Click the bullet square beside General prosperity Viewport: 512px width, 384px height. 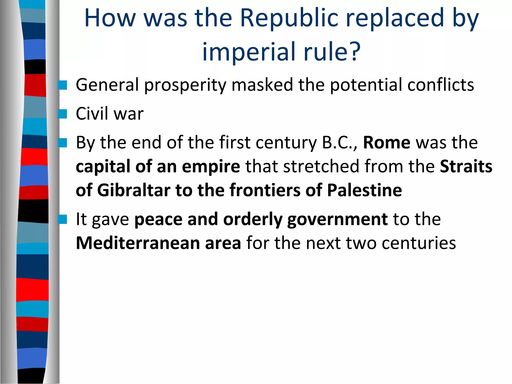coord(62,85)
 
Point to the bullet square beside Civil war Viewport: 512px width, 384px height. coord(62,114)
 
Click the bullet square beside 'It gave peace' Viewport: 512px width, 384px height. coord(62,219)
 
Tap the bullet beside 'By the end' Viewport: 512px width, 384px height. coord(62,143)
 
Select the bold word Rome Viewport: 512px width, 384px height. coord(386,142)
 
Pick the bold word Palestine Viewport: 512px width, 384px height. coord(364,190)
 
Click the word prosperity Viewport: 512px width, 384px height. coord(185,85)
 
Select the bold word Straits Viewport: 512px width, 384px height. coord(466,166)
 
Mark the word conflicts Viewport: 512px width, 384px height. coord(440,85)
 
